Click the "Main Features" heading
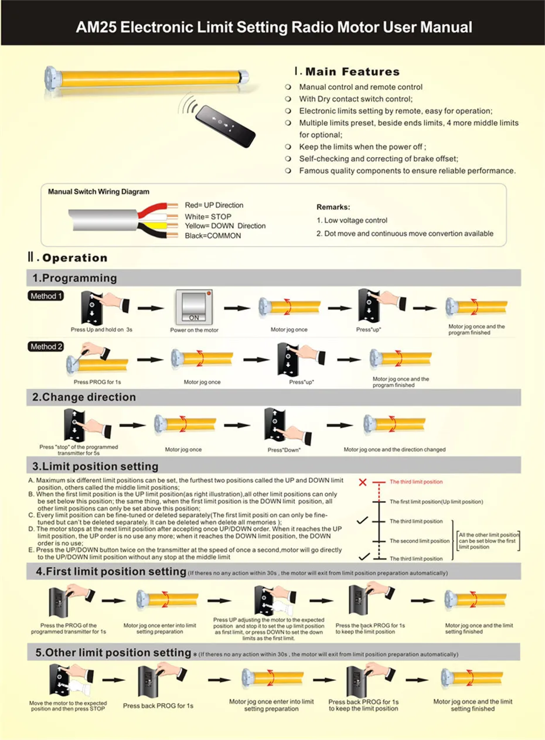(352, 72)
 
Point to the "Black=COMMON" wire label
(213, 236)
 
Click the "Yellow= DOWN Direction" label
(225, 226)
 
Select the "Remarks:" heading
(333, 207)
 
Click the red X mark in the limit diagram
(363, 482)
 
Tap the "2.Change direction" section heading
(84, 397)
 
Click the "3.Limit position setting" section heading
(95, 466)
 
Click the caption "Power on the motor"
(195, 330)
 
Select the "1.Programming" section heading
(74, 278)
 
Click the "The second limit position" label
(420, 541)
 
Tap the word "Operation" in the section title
(75, 258)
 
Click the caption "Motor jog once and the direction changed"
(394, 449)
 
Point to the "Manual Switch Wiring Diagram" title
(98, 192)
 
